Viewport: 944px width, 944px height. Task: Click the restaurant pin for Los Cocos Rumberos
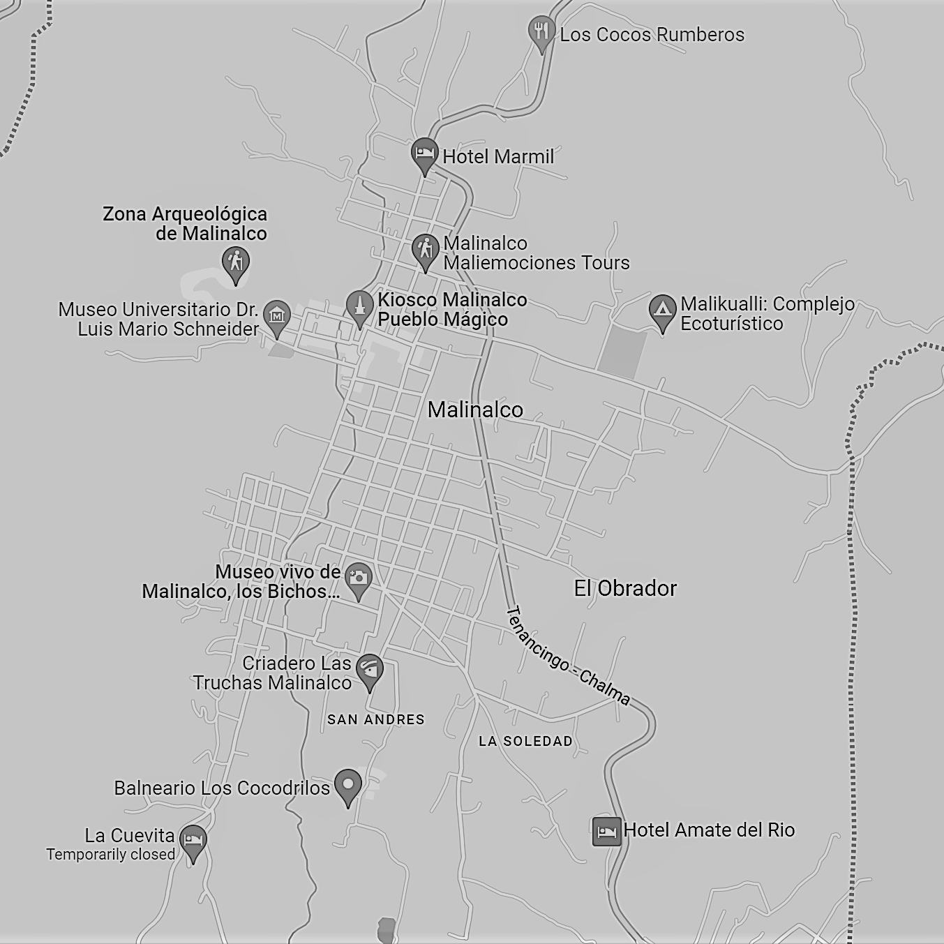point(541,32)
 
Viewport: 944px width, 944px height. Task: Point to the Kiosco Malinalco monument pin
point(359,306)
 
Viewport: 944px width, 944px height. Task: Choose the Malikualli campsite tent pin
point(662,310)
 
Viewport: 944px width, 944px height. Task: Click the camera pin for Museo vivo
point(359,578)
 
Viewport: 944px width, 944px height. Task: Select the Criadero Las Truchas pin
point(370,670)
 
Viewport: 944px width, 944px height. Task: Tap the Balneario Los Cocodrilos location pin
point(348,785)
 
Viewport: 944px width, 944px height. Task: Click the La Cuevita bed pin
point(193,840)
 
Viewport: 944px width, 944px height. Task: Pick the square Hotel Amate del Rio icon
point(606,831)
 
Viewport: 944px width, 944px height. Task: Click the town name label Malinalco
point(475,410)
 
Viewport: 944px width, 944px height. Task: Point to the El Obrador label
point(625,588)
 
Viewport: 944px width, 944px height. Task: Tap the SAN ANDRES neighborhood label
point(376,719)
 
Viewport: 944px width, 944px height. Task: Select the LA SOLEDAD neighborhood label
point(525,741)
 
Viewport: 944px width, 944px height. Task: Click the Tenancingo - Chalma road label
point(567,656)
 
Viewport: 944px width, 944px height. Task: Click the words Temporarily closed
point(111,855)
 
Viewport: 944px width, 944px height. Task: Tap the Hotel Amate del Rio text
point(709,830)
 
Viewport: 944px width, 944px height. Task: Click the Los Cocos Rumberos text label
point(652,35)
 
